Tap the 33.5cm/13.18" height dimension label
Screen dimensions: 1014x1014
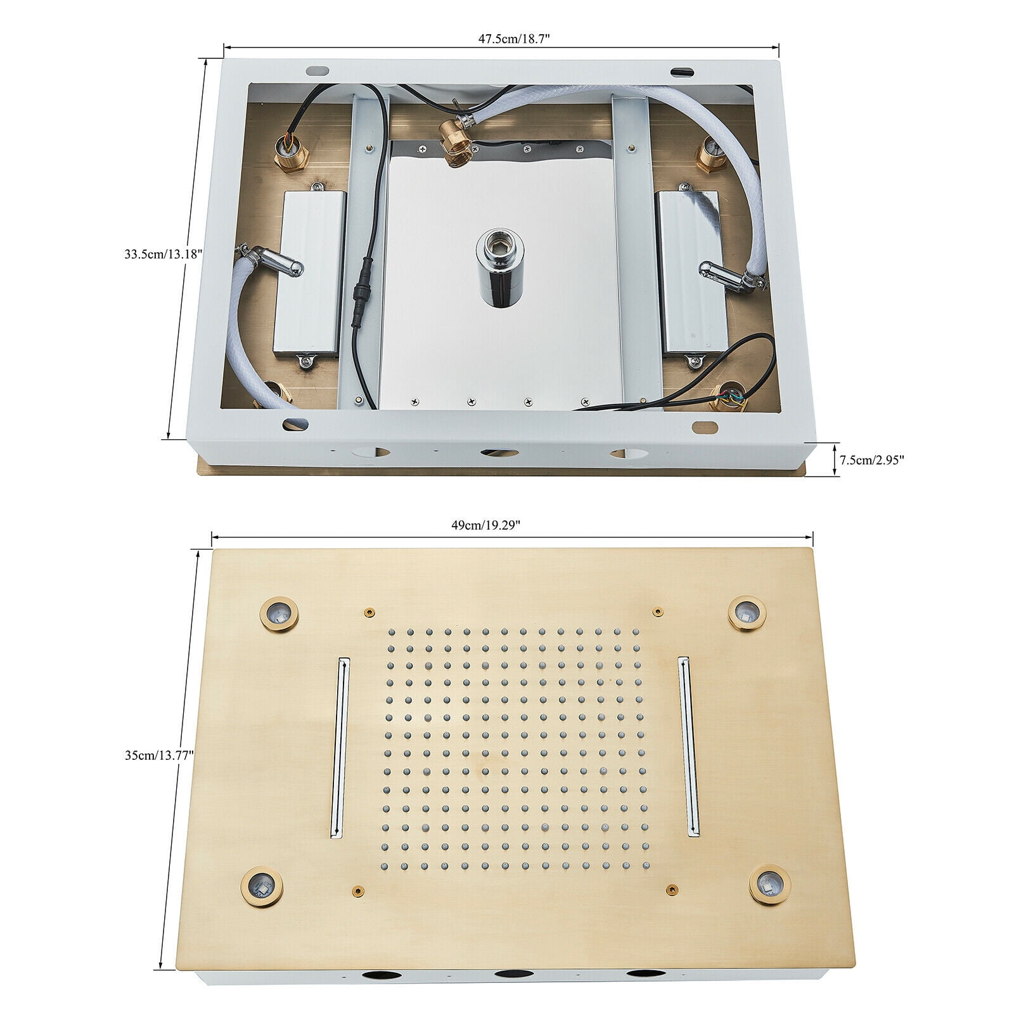pyautogui.click(x=164, y=253)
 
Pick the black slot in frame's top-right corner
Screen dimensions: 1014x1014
pyautogui.click(x=683, y=70)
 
